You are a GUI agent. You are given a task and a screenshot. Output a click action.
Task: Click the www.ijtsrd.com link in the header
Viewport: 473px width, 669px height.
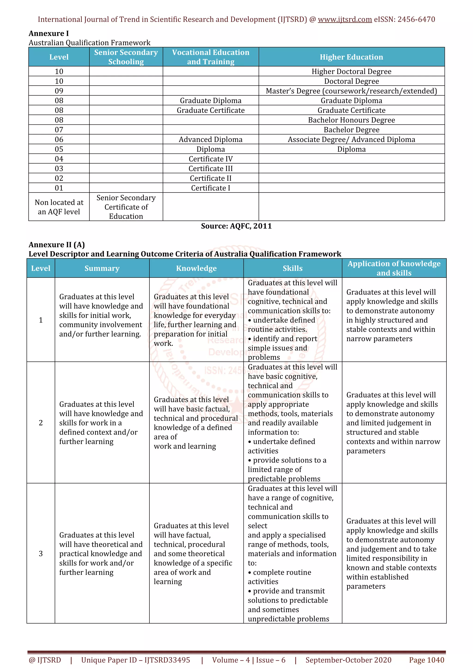point(345,20)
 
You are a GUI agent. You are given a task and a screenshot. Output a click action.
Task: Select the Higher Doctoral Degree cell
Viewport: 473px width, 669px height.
point(351,71)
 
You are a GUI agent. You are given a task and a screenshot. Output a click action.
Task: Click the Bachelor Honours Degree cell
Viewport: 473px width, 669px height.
point(351,120)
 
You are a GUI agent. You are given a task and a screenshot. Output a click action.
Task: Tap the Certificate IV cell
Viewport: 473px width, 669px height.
point(210,159)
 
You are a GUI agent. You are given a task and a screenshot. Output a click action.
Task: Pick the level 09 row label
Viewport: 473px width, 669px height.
point(59,91)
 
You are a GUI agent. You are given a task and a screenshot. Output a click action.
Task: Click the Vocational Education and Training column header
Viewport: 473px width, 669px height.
point(210,57)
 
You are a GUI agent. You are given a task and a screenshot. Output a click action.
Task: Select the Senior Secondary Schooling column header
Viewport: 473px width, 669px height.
point(126,57)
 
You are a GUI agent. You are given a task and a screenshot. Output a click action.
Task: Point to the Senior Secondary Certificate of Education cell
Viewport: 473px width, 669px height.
point(126,207)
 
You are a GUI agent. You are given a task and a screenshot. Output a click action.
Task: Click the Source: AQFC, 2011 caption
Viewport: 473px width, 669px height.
point(236,226)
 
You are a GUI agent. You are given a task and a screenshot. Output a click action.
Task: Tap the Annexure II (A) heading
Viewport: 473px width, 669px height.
point(57,244)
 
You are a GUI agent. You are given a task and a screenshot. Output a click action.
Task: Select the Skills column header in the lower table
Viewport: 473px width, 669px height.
point(292,268)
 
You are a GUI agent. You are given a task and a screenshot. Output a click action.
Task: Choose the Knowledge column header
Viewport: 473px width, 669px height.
point(196,268)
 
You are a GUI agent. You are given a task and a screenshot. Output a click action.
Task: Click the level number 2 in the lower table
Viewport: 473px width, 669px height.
point(41,423)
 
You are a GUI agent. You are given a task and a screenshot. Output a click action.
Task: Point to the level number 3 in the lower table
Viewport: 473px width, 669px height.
point(41,554)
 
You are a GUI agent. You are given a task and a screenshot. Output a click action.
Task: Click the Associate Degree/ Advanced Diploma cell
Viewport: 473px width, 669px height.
point(351,140)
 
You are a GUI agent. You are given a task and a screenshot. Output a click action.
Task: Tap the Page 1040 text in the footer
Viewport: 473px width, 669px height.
point(426,660)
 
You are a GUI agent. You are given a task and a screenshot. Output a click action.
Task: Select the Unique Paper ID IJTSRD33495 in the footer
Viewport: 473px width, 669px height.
point(136,660)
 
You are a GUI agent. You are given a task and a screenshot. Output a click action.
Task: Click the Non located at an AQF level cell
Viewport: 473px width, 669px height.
point(59,207)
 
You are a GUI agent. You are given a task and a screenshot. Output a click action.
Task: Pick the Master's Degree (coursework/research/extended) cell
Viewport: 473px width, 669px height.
point(351,91)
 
